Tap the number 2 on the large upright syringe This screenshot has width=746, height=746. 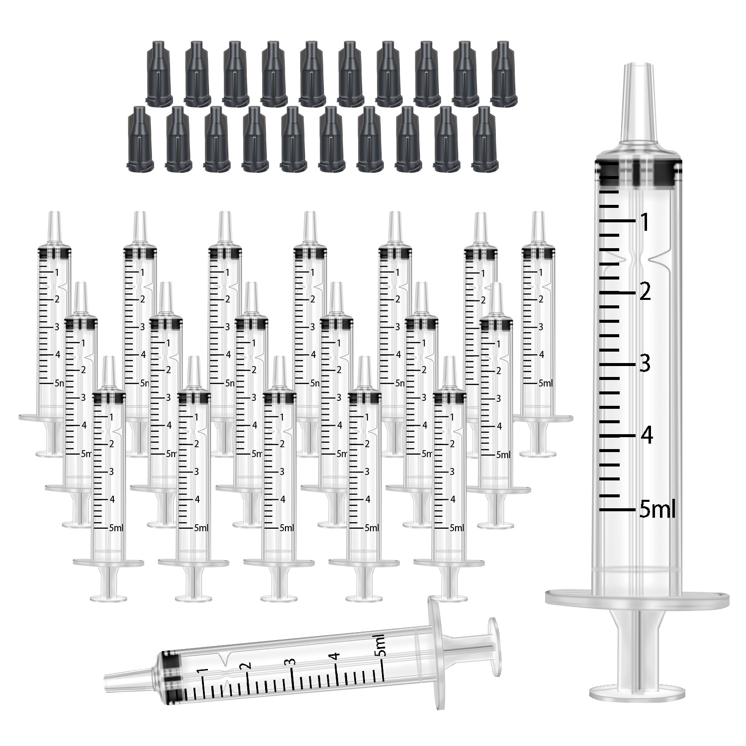645,292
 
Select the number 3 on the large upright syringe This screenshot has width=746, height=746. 645,364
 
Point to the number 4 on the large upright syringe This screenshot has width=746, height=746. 646,435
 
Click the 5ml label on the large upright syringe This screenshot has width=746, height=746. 657,510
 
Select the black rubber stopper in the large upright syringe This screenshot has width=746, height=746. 638,172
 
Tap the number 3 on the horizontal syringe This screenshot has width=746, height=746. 292,661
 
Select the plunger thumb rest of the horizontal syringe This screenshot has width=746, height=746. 493,635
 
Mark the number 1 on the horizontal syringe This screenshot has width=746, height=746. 202,671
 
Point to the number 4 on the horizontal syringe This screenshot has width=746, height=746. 337,655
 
